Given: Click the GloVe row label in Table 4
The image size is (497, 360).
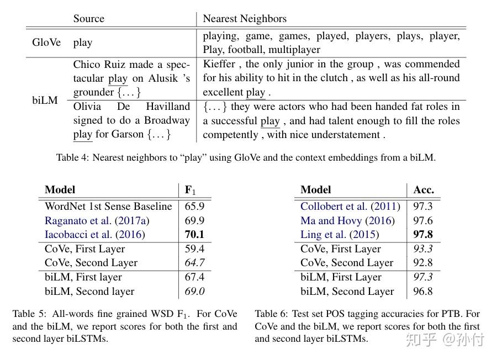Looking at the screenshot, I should point(46,43).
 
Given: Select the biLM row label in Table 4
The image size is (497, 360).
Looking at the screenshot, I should point(45,100).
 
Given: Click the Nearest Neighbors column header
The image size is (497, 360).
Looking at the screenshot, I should point(245,18).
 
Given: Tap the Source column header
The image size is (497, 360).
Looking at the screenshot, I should point(88,18).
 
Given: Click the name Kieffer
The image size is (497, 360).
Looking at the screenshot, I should point(219,64).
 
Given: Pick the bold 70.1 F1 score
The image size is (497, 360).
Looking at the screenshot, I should point(194,235).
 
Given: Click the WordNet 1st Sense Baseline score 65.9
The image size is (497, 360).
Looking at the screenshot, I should point(194,207).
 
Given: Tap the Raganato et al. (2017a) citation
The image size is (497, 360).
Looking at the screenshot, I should point(97,220).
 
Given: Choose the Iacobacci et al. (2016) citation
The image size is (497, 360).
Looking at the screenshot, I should point(94,235).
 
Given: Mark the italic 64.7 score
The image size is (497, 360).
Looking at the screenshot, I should point(194,263).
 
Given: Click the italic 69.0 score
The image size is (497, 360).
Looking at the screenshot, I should point(194,292).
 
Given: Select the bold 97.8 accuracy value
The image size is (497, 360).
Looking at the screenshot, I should point(423,235).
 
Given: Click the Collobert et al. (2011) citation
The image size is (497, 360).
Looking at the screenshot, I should point(350,207).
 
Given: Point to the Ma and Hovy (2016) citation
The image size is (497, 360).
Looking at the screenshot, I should point(347,220).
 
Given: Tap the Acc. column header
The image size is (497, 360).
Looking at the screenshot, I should point(424,189).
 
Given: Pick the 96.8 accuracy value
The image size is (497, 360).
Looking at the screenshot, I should point(423,292).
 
